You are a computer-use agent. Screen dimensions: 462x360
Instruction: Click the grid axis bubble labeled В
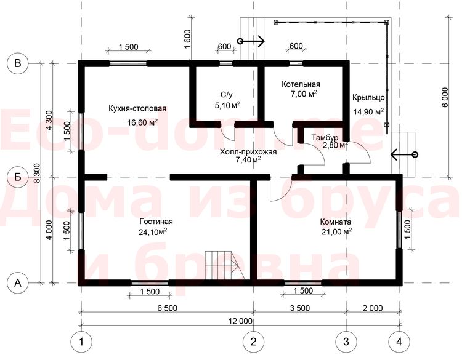pyautogui.click(x=18, y=63)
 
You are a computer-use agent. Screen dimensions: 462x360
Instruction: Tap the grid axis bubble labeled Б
pyautogui.click(x=18, y=177)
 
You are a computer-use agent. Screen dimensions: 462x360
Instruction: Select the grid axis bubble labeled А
pyautogui.click(x=18, y=283)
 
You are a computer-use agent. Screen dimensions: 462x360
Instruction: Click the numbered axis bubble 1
pyautogui.click(x=81, y=342)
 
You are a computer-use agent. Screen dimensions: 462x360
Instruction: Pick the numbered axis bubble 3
pyautogui.click(x=346, y=342)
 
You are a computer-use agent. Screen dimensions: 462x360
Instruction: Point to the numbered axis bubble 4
pyautogui.click(x=399, y=342)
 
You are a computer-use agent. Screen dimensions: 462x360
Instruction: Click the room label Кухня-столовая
pyautogui.click(x=137, y=109)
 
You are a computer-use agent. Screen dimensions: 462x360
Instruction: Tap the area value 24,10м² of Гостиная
pyautogui.click(x=153, y=232)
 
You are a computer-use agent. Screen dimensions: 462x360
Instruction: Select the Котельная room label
pyautogui.click(x=301, y=84)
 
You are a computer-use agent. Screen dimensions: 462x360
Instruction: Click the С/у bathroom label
pyautogui.click(x=227, y=95)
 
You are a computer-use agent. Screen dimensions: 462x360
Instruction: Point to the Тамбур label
pyautogui.click(x=325, y=137)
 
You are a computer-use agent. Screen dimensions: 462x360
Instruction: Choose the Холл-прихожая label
pyautogui.click(x=248, y=152)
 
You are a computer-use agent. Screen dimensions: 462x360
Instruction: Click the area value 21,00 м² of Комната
pyautogui.click(x=337, y=232)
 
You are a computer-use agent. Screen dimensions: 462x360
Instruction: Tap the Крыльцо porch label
pyautogui.click(x=368, y=97)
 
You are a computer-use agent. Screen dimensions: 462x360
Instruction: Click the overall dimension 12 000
pyautogui.click(x=240, y=321)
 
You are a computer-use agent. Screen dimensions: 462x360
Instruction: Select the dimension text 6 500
pyautogui.click(x=168, y=308)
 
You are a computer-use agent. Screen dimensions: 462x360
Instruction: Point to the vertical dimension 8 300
pyautogui.click(x=38, y=173)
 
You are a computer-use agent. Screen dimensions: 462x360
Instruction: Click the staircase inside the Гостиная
pyautogui.click(x=225, y=265)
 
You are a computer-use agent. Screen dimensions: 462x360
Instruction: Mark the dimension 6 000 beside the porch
pyautogui.click(x=445, y=97)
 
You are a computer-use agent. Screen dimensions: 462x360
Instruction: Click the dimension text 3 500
pyautogui.click(x=300, y=308)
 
